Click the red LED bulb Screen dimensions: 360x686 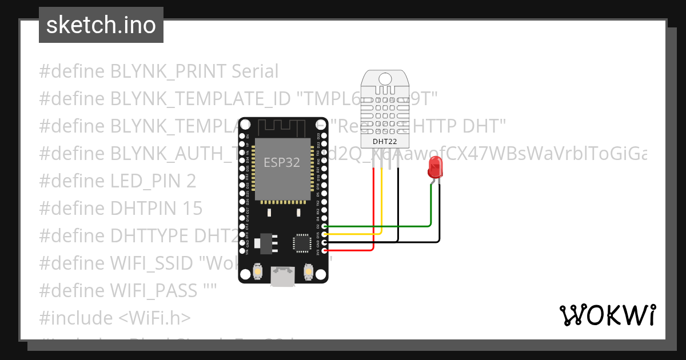tap(436, 168)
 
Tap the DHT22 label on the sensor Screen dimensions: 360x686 tap(384, 141)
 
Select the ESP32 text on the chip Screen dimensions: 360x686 tap(281, 163)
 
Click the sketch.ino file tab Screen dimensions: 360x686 tap(101, 25)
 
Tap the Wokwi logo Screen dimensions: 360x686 tap(607, 315)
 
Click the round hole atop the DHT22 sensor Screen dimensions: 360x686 tap(384, 78)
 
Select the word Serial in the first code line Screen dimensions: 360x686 tap(254, 71)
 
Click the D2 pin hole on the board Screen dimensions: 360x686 tap(325, 226)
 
